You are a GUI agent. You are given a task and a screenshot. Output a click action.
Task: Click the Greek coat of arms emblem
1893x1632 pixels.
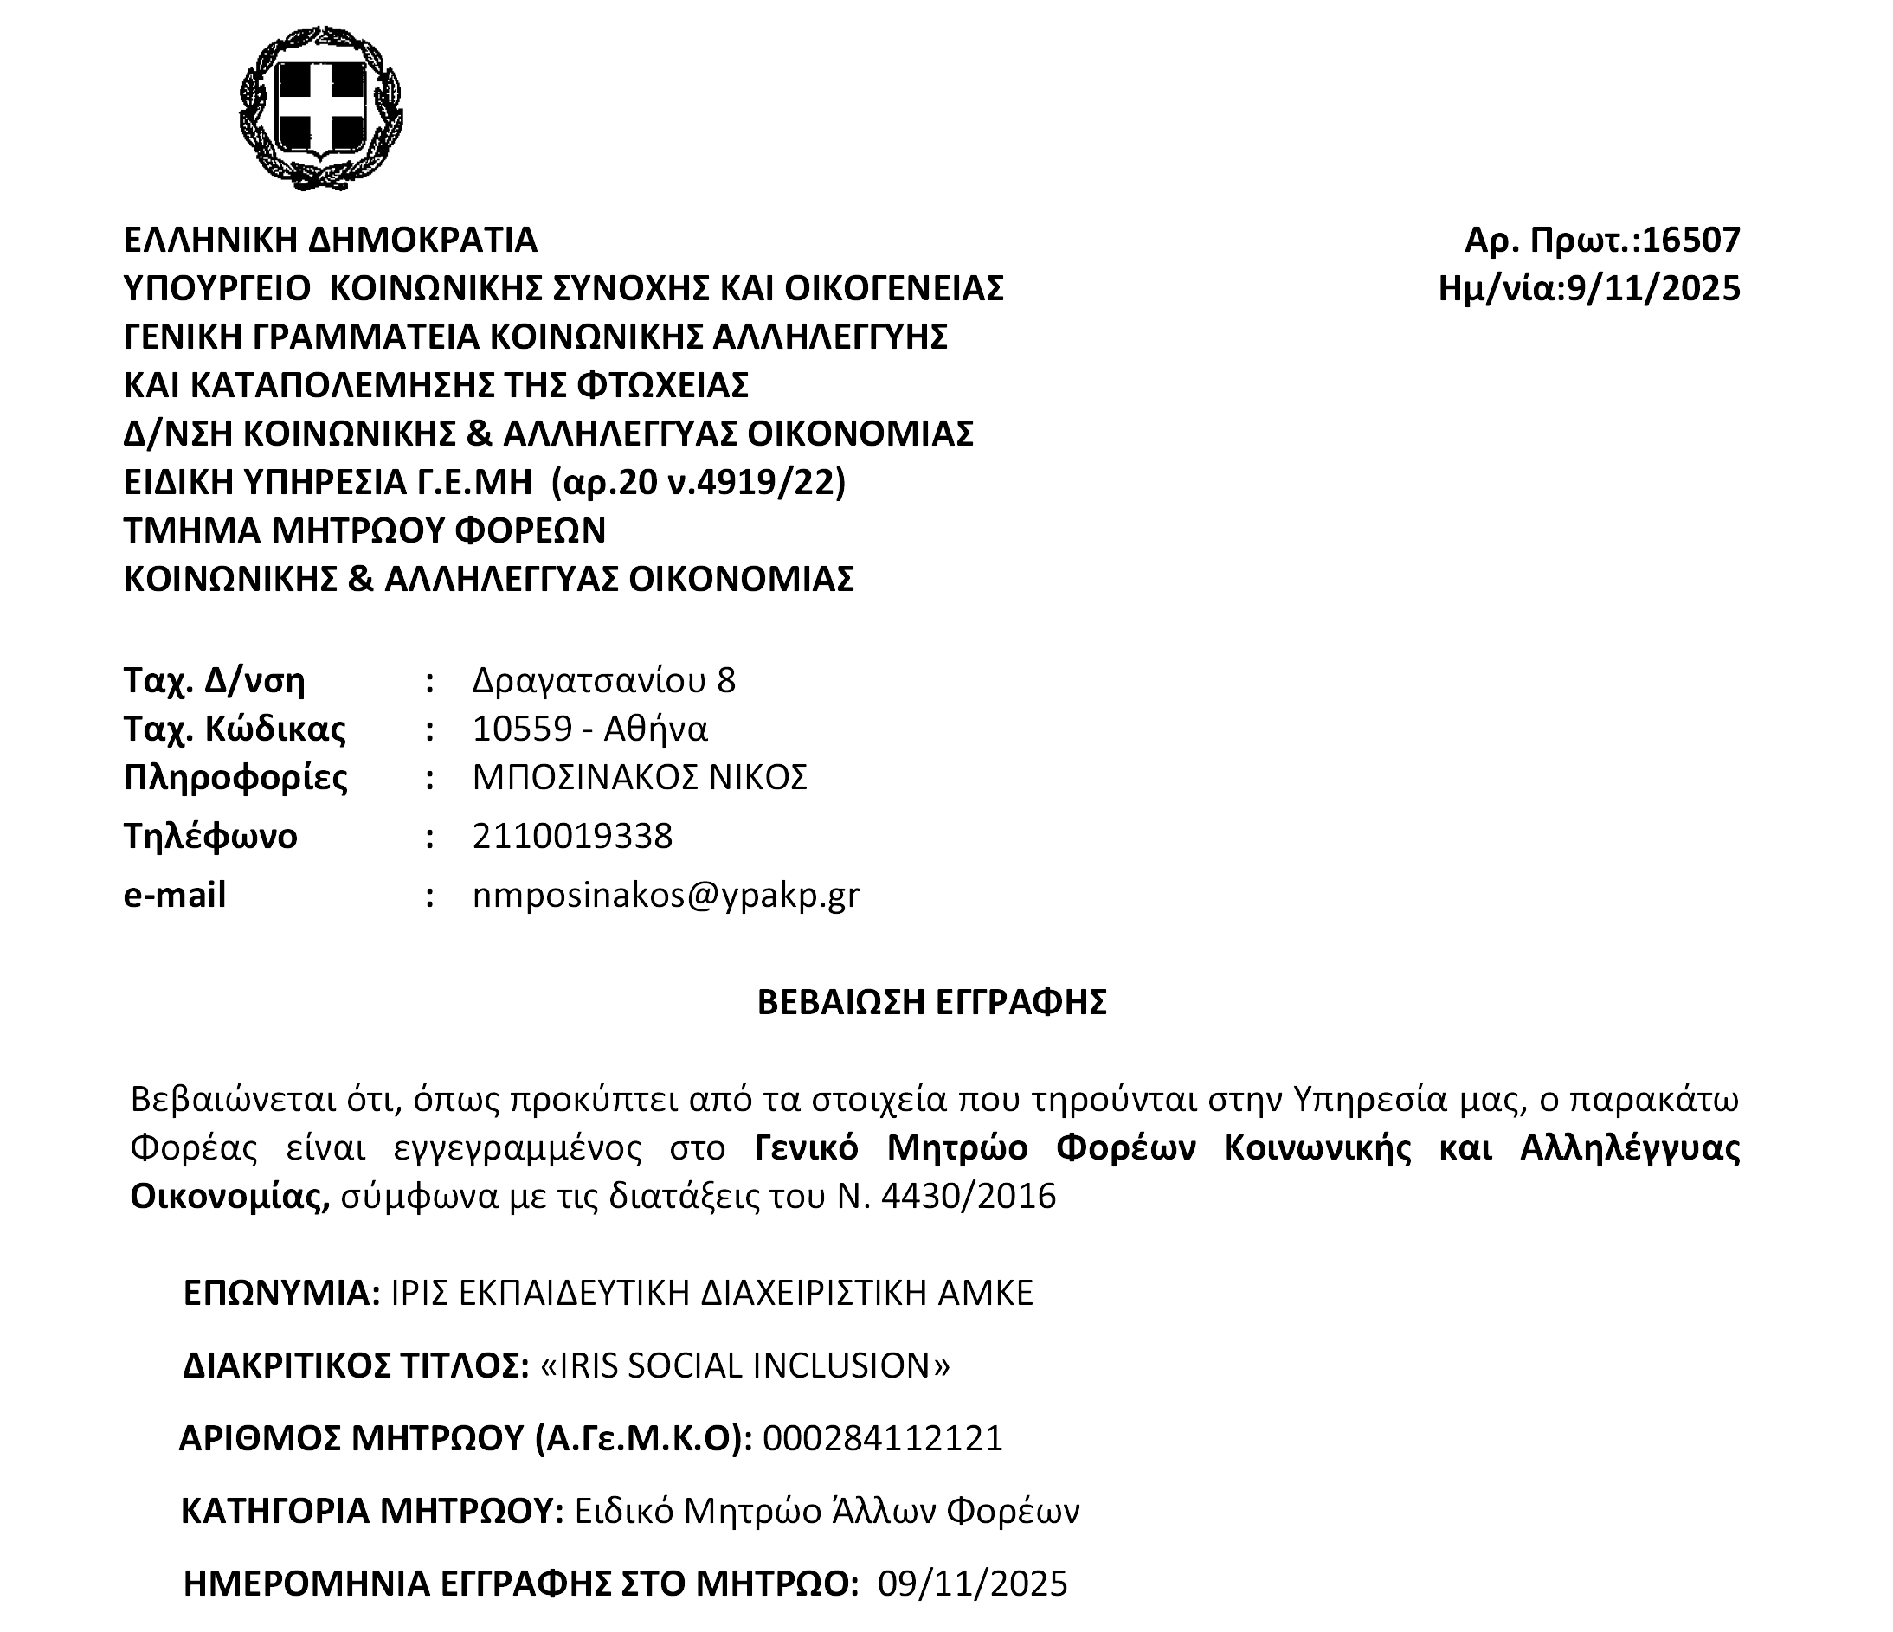pos(320,108)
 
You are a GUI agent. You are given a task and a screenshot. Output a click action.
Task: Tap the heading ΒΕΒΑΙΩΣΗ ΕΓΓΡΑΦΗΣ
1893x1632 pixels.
pos(932,1002)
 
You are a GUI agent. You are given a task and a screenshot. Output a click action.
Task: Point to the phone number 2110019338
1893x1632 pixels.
pos(572,836)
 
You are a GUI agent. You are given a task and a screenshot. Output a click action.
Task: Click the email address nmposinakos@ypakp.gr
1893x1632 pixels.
pos(665,895)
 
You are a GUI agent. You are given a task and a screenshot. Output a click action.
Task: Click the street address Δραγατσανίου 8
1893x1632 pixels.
pos(603,680)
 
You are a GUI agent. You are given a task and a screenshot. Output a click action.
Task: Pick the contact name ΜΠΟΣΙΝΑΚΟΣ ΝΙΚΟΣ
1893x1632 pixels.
pos(640,777)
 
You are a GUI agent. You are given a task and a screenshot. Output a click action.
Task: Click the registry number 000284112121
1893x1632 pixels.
pos(883,1438)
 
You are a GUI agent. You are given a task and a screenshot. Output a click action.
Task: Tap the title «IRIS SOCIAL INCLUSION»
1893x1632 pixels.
pos(745,1365)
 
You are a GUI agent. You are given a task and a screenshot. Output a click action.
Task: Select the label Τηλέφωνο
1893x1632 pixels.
pos(210,836)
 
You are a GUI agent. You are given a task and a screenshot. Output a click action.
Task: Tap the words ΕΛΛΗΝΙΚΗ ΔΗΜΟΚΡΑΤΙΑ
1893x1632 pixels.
pos(330,241)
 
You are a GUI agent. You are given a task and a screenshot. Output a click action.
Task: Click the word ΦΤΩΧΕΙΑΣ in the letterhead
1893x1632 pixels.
pos(662,385)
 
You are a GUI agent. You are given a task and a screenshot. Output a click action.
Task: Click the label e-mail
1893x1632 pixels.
pos(175,895)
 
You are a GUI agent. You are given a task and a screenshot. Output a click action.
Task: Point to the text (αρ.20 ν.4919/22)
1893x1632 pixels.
pos(698,481)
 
